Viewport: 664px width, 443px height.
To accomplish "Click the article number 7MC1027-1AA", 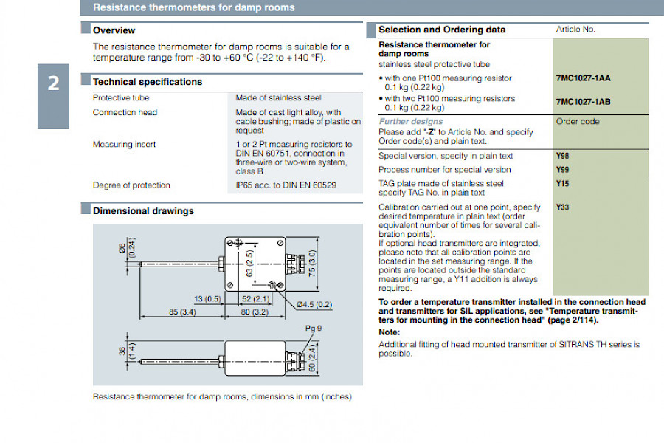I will click(x=583, y=78).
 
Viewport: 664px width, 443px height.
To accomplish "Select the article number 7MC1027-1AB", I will click(x=583, y=103).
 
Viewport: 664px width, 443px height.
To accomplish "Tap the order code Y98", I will click(x=563, y=156).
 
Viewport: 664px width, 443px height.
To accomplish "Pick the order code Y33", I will click(x=563, y=207).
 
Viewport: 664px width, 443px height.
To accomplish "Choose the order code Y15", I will click(x=563, y=183).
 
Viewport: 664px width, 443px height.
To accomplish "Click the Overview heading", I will click(x=114, y=30).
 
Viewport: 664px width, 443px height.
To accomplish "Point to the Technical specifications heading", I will click(x=147, y=82).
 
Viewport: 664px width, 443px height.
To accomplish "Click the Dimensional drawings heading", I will click(x=143, y=210).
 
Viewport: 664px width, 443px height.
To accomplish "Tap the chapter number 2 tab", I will click(x=53, y=83).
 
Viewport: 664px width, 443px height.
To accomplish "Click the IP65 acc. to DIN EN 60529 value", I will click(x=286, y=185).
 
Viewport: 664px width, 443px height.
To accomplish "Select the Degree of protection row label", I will click(x=131, y=185).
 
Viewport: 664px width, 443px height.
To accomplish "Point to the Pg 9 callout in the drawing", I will click(x=314, y=328).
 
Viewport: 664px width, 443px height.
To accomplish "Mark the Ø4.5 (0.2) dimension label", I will click(x=314, y=304).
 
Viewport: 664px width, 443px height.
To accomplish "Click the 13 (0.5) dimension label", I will click(x=207, y=298).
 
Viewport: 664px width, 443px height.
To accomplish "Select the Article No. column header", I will click(x=575, y=30).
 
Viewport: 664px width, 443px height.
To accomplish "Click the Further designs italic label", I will click(x=411, y=121).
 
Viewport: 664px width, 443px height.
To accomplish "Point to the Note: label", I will click(x=389, y=332).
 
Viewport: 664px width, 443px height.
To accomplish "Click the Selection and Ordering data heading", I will click(x=442, y=30).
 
